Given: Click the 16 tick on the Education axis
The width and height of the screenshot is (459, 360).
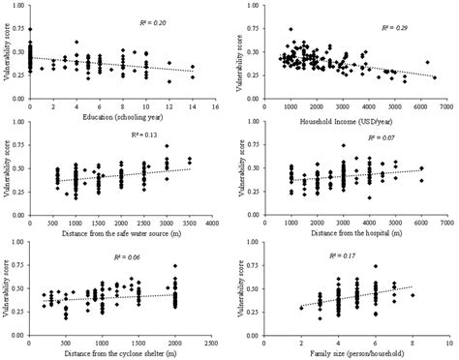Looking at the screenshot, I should click(x=213, y=107).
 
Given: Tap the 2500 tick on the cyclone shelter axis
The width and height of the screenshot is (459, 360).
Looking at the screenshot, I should click(x=212, y=340).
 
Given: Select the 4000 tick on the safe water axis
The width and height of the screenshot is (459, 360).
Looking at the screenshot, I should click(x=212, y=224).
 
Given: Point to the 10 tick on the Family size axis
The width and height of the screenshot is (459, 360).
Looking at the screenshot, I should click(x=448, y=340).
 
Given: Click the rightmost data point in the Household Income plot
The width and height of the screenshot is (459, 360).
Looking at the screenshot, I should click(x=435, y=77).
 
